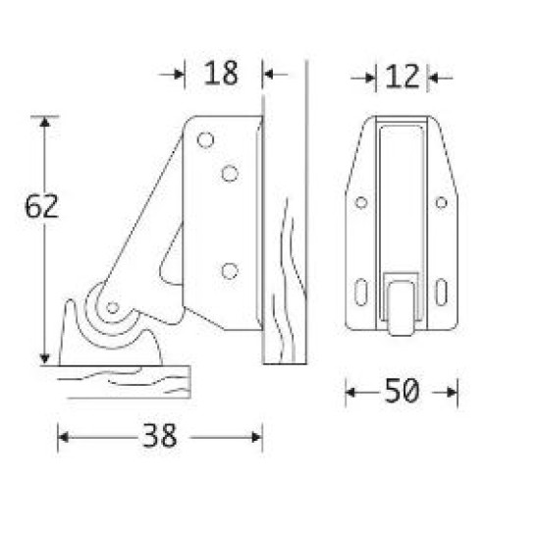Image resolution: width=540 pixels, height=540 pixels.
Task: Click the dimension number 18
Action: click(x=221, y=74)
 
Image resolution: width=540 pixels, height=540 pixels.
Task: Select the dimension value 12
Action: click(x=403, y=76)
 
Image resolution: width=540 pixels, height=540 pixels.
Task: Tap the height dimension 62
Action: click(x=42, y=207)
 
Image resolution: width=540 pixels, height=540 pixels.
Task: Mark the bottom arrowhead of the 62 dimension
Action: click(x=43, y=358)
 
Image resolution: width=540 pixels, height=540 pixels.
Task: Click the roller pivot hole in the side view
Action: click(x=113, y=307)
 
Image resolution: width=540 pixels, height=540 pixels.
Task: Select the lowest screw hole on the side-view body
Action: click(x=230, y=270)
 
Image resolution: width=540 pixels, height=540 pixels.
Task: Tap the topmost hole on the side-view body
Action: click(x=205, y=140)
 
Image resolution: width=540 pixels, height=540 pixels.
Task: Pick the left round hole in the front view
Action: click(x=361, y=202)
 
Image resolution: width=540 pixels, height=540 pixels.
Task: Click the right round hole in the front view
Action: click(x=441, y=202)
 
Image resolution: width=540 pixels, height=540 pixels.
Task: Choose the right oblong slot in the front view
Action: click(x=441, y=291)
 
